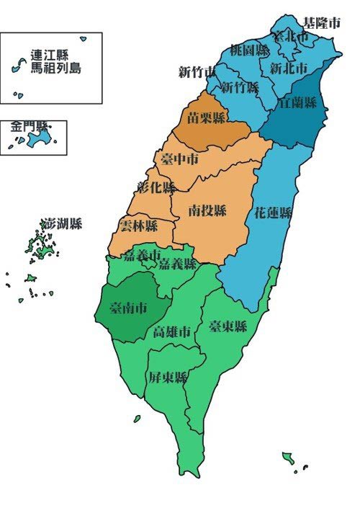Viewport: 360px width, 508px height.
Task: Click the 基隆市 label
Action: pos(321,23)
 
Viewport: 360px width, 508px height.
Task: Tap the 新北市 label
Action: pos(289,68)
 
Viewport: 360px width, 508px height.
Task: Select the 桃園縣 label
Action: pos(250,50)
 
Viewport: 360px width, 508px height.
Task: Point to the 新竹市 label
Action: pos(197,72)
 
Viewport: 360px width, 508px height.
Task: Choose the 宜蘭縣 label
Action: pos(297,102)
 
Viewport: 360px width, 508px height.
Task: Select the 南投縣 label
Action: pos(207,210)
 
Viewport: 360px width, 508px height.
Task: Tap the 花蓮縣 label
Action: pos(274,213)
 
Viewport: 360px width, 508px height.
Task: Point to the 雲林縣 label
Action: pos(139,226)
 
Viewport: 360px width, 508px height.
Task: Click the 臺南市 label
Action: pos(128,308)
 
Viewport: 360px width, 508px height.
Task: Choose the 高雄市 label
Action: pos(173,332)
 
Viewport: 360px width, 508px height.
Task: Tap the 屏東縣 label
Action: pos(168,378)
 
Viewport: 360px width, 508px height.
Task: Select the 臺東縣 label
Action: pos(228,327)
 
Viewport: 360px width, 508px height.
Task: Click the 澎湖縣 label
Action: pos(62,224)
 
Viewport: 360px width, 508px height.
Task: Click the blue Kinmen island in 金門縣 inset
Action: pos(40,138)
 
